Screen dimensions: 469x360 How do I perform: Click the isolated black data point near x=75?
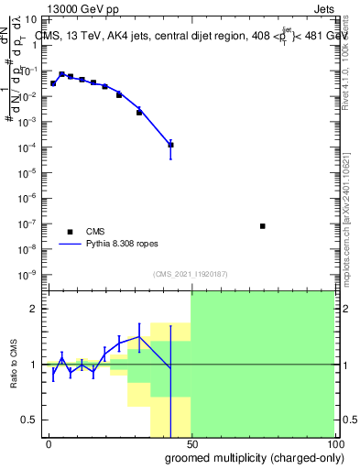pos(263,225)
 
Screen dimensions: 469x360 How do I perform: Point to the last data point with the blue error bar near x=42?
pos(170,145)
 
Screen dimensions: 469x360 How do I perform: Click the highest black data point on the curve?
pos(61,74)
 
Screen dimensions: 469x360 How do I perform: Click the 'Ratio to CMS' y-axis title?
pos(13,365)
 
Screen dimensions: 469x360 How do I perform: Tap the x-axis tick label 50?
pos(191,443)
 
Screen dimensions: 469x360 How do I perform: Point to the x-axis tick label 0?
pos(49,443)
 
